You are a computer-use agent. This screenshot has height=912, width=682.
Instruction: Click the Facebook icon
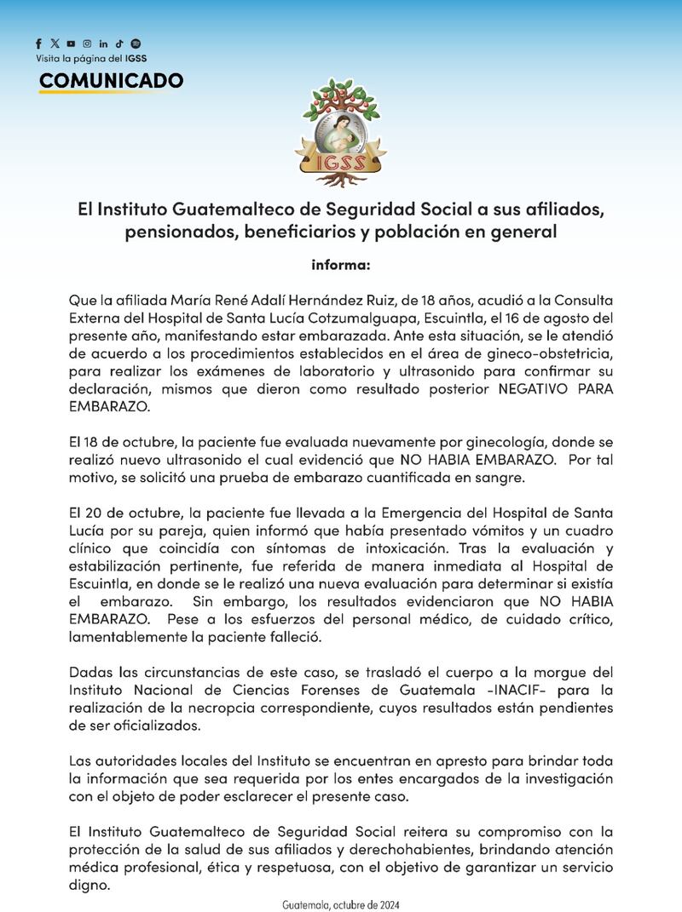[39, 43]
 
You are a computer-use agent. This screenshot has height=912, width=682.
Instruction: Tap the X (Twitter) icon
[55, 43]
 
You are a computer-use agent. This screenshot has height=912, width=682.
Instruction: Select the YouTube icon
[71, 43]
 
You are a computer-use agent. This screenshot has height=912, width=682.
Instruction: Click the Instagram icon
[86, 43]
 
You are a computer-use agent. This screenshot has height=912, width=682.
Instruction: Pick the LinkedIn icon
[103, 43]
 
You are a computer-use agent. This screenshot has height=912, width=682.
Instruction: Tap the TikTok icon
[120, 43]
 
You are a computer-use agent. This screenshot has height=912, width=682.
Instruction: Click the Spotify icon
[136, 43]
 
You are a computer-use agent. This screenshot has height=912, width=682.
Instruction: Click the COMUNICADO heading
[111, 81]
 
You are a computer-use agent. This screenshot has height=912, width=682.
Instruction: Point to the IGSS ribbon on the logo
[340, 161]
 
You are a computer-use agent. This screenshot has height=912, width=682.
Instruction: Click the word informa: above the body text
[340, 265]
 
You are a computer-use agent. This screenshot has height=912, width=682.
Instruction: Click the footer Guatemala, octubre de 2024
[340, 903]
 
